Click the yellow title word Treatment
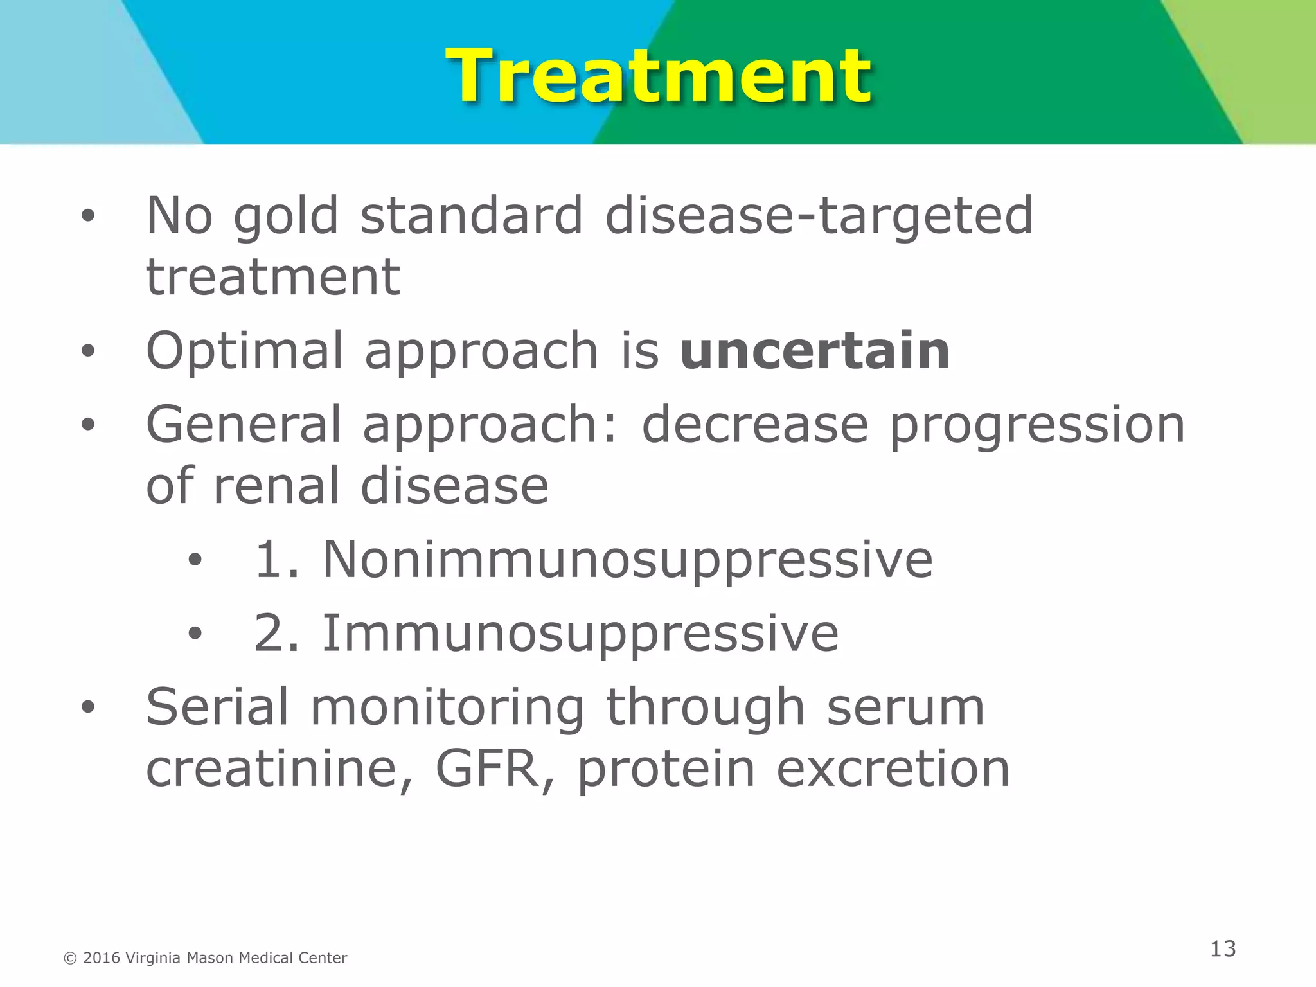pyautogui.click(x=658, y=77)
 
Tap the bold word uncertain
pyautogui.click(x=814, y=351)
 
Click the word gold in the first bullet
pyautogui.click(x=285, y=217)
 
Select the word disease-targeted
pyautogui.click(x=819, y=217)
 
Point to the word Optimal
pyautogui.click(x=245, y=351)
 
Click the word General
pyautogui.click(x=244, y=425)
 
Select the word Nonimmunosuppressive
pyautogui.click(x=627, y=560)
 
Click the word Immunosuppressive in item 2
pyautogui.click(x=580, y=634)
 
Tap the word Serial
pyautogui.click(x=217, y=707)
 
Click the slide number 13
pyautogui.click(x=1223, y=949)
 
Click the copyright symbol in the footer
pyautogui.click(x=71, y=959)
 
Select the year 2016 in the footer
pyautogui.click(x=102, y=958)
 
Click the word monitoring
pyautogui.click(x=447, y=707)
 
